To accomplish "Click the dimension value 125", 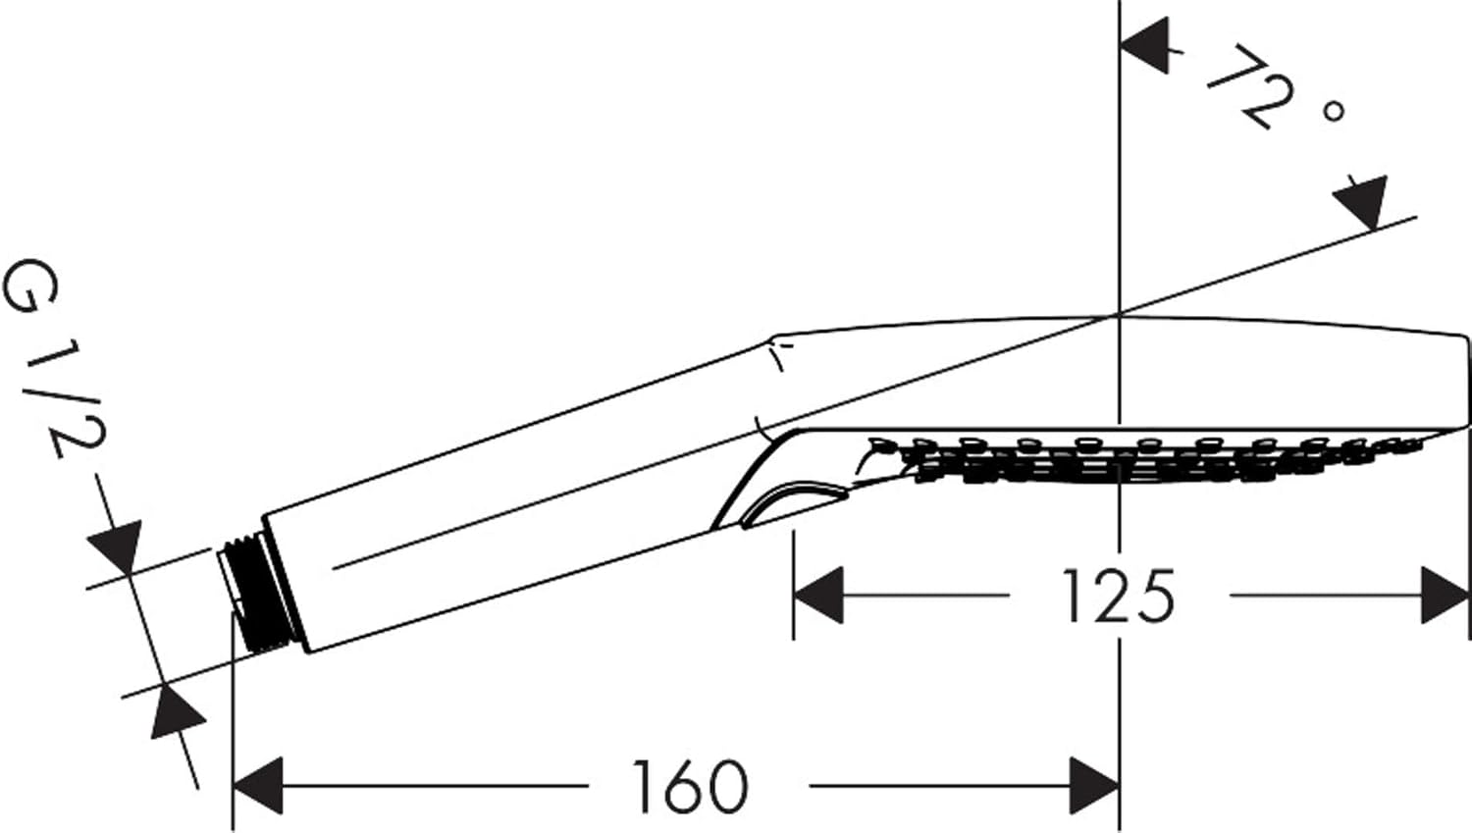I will click(x=1118, y=596).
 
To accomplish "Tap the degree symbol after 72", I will click(x=1333, y=111).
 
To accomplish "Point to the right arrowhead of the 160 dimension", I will click(x=1095, y=785).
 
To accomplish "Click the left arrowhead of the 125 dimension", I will click(x=818, y=595).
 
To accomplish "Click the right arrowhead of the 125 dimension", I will click(x=1445, y=595).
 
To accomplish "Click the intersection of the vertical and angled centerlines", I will click(x=1120, y=315).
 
